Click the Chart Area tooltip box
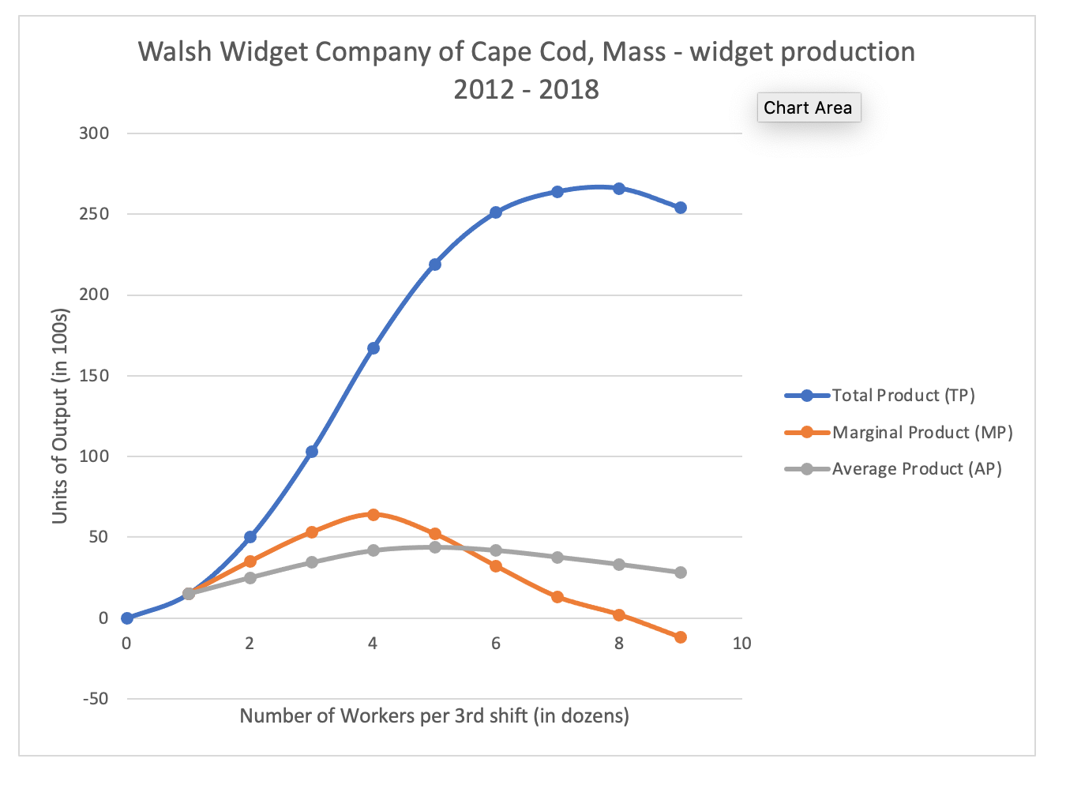tap(808, 107)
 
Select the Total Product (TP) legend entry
tap(903, 396)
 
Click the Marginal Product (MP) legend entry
tap(921, 433)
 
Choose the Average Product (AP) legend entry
tap(916, 469)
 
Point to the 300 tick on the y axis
tap(94, 133)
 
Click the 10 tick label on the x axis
tap(741, 644)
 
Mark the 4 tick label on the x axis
tap(373, 644)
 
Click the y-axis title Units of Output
tap(60, 415)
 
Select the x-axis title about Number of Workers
tap(434, 716)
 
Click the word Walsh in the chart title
tap(175, 52)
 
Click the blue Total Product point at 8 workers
tap(619, 189)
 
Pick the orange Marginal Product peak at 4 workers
tap(373, 515)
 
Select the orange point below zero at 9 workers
tap(681, 637)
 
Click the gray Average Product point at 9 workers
tap(681, 573)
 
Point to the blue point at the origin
tap(126, 618)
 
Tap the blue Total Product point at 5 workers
tap(434, 265)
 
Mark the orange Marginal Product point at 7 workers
tap(557, 597)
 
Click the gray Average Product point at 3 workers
tap(311, 562)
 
